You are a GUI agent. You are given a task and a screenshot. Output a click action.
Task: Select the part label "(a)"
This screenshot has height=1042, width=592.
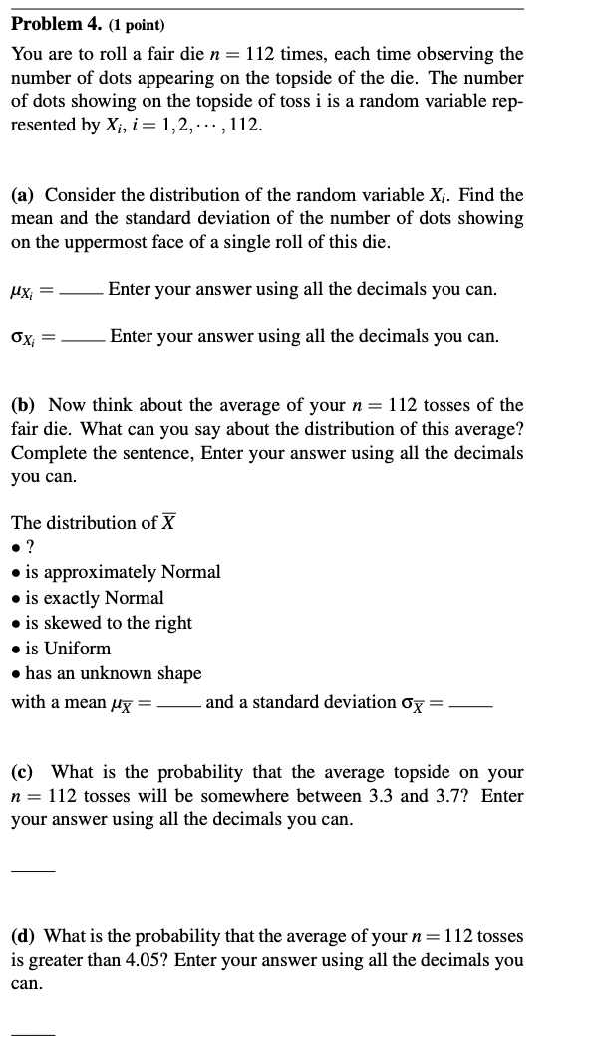(26, 195)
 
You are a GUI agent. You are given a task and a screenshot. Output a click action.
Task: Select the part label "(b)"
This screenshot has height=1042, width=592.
(26, 405)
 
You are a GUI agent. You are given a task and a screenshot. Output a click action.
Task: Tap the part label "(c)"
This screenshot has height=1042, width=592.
(26, 772)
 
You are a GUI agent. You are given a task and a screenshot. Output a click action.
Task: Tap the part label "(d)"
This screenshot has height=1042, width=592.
(26, 936)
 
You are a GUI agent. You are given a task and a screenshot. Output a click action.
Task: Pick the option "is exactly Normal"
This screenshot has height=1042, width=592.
(95, 598)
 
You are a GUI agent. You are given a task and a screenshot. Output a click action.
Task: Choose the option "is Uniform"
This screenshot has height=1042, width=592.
(68, 648)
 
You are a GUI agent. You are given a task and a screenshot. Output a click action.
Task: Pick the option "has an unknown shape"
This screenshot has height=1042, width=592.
(113, 673)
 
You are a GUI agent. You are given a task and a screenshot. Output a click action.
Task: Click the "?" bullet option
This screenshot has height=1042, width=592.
(30, 547)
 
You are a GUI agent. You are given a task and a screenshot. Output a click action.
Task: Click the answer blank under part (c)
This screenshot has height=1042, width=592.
(32, 869)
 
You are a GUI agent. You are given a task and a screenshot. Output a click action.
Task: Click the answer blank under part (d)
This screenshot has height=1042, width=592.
(32, 1032)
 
